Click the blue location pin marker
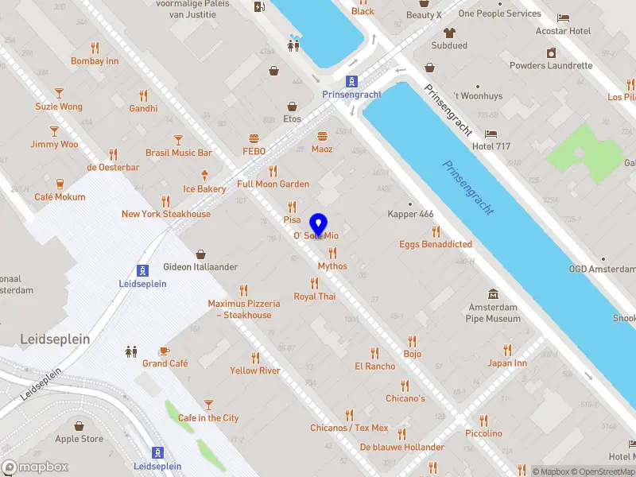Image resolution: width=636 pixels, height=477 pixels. (x=319, y=224)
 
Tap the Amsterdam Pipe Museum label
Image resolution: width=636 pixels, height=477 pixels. (x=493, y=313)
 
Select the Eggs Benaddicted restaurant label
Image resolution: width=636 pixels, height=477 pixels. (x=435, y=244)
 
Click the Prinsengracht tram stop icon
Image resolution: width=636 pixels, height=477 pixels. (x=351, y=81)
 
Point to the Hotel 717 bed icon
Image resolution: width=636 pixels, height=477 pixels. (x=491, y=134)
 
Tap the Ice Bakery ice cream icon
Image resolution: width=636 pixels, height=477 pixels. (x=205, y=176)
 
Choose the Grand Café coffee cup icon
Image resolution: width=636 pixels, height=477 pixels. (x=165, y=351)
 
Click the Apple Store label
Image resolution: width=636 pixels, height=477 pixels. (x=79, y=439)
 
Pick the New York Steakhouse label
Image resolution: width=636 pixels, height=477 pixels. (x=165, y=214)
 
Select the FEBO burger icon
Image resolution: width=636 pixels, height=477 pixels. (x=254, y=138)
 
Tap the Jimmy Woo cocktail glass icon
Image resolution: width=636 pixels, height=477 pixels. (x=54, y=131)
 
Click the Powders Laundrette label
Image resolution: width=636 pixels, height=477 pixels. (x=551, y=66)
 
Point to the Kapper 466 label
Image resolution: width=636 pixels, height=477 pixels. (x=410, y=215)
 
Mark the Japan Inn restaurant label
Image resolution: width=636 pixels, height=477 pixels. (x=507, y=363)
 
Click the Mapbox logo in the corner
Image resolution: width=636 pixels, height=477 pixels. (x=35, y=467)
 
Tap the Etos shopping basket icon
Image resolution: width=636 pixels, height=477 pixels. (x=292, y=106)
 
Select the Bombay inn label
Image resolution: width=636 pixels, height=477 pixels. (x=95, y=61)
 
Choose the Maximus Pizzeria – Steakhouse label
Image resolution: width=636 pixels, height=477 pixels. (x=244, y=309)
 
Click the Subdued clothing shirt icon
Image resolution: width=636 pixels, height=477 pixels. (x=449, y=33)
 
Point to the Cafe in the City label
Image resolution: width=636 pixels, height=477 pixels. (x=208, y=418)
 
